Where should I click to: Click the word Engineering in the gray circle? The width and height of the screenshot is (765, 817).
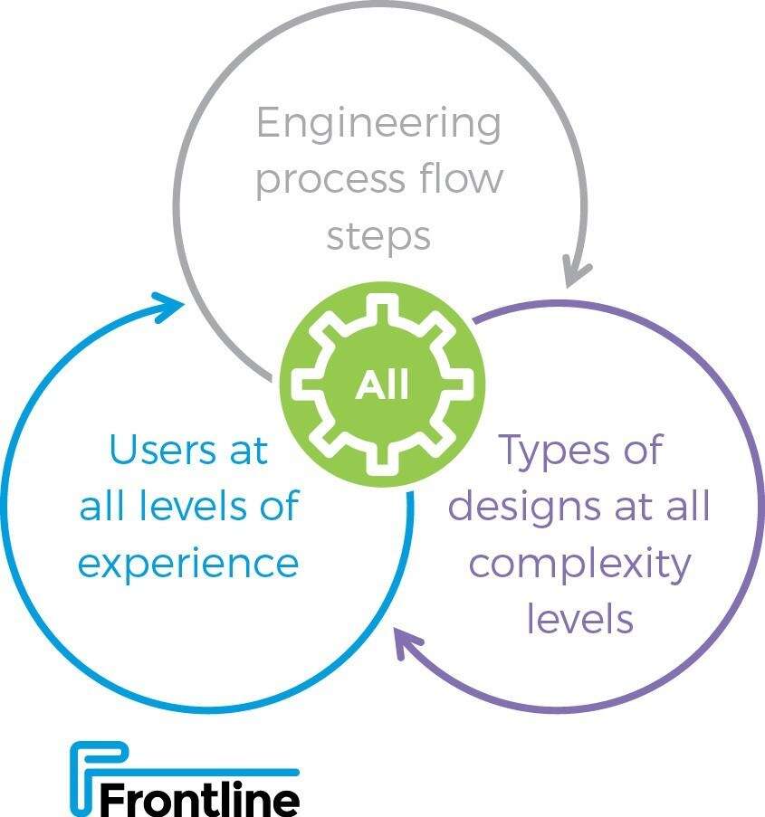[378, 124]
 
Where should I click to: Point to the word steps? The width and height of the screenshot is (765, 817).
[378, 235]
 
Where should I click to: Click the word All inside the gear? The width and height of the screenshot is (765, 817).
[382, 385]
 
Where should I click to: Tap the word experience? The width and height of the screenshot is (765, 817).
[188, 563]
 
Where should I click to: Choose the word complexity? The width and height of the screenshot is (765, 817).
[580, 565]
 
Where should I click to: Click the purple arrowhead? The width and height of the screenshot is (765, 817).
[407, 646]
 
